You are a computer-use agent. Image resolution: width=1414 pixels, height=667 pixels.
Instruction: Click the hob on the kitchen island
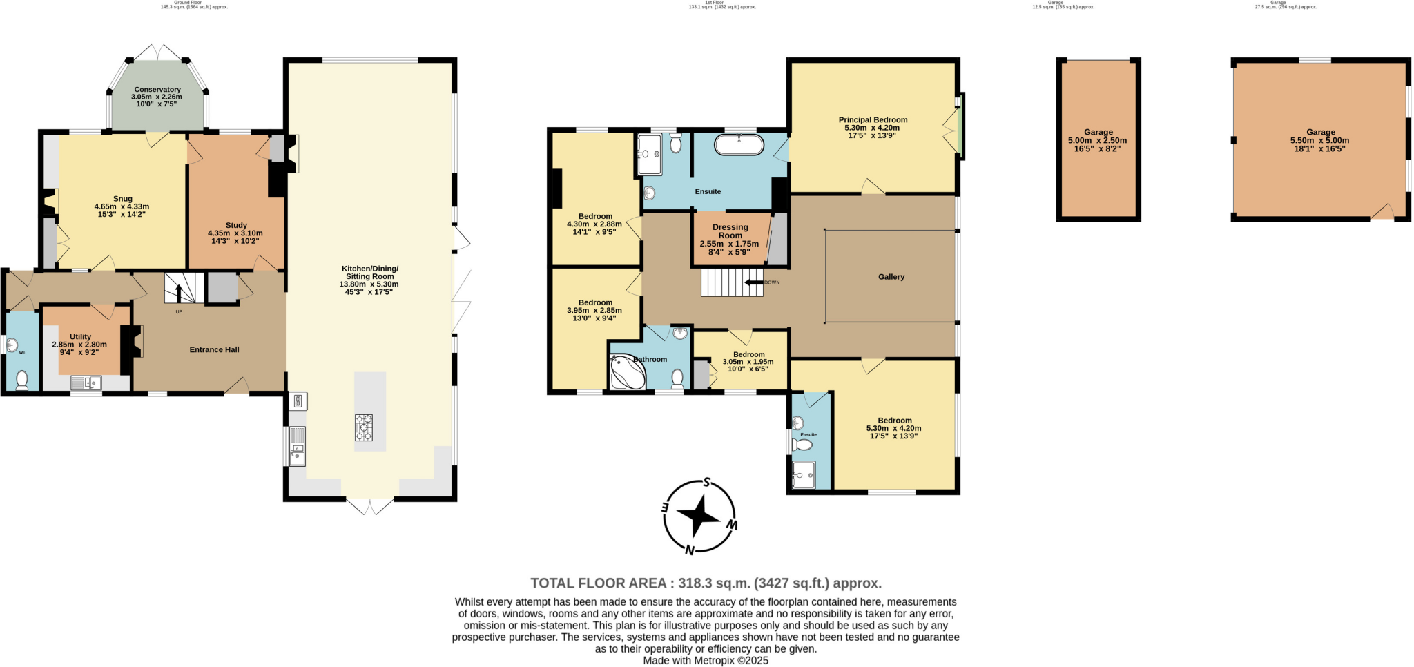(x=363, y=427)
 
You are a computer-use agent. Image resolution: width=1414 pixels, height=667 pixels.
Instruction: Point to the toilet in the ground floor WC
(x=21, y=379)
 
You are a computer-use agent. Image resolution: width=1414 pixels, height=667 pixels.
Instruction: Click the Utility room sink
(x=86, y=382)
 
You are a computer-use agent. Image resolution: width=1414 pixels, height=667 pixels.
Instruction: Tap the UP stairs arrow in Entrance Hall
(x=179, y=293)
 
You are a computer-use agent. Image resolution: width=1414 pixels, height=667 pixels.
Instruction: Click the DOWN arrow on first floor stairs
(x=753, y=282)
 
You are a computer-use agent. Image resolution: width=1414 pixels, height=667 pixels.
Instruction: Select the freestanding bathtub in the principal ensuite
(x=739, y=145)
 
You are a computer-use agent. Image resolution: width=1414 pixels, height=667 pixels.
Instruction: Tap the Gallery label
(x=891, y=277)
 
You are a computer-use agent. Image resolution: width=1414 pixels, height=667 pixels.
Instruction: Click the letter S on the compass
(x=707, y=483)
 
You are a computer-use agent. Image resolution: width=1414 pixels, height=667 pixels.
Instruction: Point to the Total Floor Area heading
(x=706, y=583)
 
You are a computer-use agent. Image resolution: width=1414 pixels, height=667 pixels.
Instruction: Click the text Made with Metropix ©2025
(x=706, y=661)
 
